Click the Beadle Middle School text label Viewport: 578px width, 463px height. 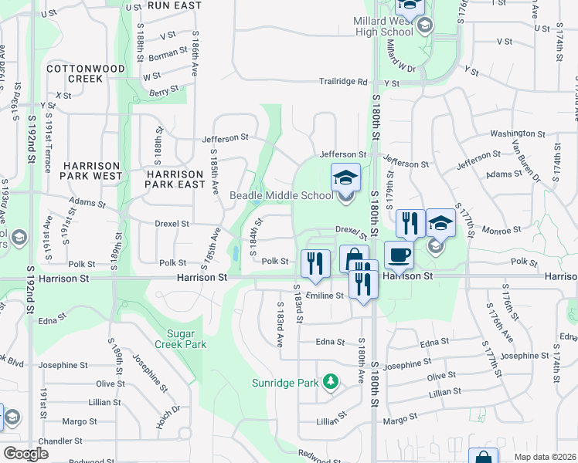(280, 195)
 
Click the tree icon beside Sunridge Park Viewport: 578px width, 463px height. (331, 381)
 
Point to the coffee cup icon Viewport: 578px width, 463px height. (398, 255)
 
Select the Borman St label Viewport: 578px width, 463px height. (168, 55)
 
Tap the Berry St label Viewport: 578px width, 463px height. (165, 92)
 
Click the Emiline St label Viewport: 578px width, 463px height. (325, 296)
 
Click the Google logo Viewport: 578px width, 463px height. (26, 454)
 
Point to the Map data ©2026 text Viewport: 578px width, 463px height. (544, 457)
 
